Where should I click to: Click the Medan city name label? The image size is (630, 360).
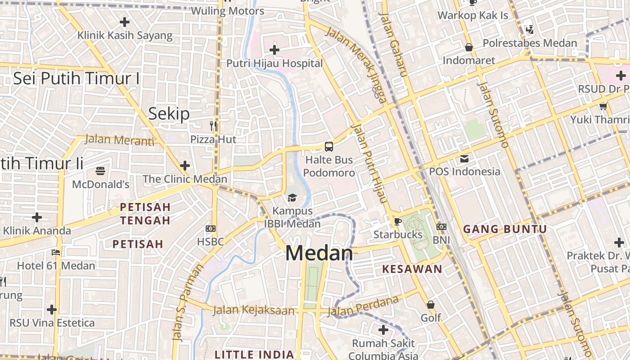tap(319, 253)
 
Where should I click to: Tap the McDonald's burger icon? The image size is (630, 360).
tap(100, 171)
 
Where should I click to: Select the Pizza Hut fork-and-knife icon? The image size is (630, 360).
tap(213, 126)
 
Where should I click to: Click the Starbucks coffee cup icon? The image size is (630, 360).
tap(397, 221)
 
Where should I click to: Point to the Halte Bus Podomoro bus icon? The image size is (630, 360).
tap(329, 146)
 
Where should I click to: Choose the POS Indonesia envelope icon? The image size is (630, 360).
tap(464, 158)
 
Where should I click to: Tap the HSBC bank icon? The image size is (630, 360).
tap(211, 229)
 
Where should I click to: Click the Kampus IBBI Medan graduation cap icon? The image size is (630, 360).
tap(292, 198)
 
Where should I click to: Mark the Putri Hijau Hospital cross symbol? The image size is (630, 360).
tap(274, 50)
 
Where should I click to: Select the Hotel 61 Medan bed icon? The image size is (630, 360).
tap(56, 252)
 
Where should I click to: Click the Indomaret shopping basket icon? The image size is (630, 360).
tap(469, 47)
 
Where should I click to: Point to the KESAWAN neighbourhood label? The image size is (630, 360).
tap(412, 269)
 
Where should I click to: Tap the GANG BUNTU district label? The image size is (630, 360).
tap(505, 229)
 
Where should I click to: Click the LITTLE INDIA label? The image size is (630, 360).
tap(254, 354)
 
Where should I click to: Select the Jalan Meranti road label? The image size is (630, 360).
tap(119, 140)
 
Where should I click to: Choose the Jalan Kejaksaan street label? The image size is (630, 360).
tap(254, 310)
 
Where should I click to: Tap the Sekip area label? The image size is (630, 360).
tap(169, 114)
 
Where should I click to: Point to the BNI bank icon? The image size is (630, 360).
tap(441, 227)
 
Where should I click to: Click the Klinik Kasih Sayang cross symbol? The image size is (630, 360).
tap(125, 22)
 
